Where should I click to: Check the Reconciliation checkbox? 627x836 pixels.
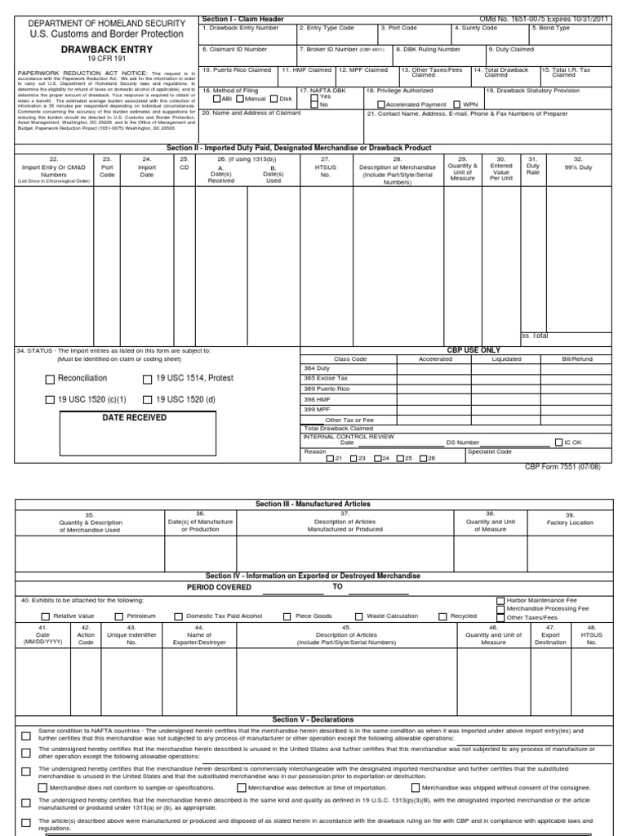click(x=51, y=379)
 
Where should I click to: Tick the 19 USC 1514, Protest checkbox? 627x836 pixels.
click(x=148, y=379)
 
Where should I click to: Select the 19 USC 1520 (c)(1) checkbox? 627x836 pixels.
click(x=51, y=400)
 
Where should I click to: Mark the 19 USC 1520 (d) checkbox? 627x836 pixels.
click(x=148, y=400)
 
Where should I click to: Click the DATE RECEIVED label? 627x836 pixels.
click(x=134, y=418)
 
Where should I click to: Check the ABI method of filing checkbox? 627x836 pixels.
click(x=216, y=99)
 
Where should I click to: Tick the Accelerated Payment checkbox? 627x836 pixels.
click(x=381, y=105)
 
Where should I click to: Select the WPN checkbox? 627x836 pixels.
click(x=457, y=105)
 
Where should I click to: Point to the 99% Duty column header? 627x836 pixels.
click(x=577, y=167)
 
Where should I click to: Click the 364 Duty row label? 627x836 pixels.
click(x=316, y=368)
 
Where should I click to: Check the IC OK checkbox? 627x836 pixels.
click(x=558, y=442)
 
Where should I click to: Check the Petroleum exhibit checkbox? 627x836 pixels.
click(x=119, y=616)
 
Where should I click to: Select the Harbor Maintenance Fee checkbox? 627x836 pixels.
click(x=500, y=599)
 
